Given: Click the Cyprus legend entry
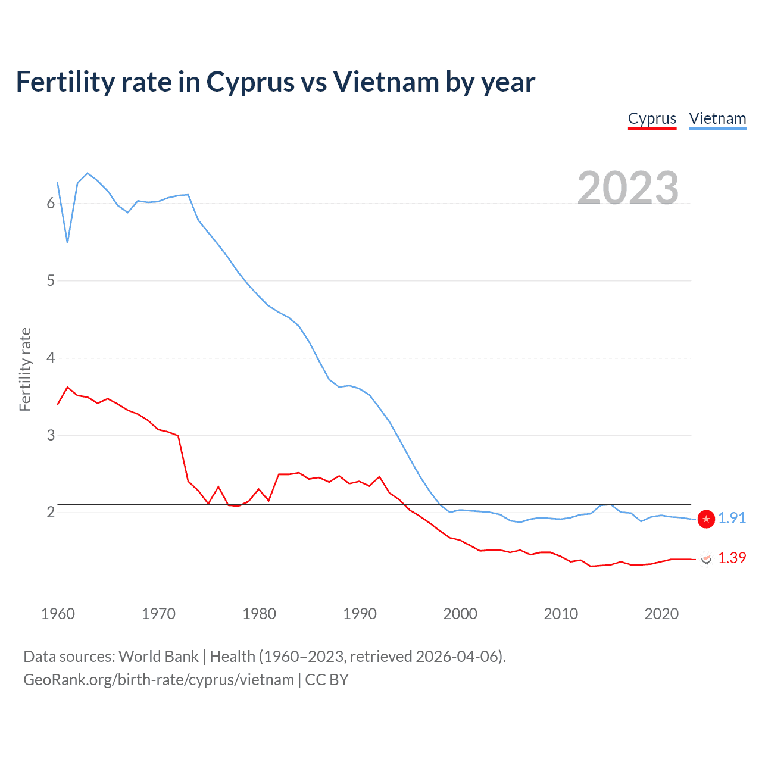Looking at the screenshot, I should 652,118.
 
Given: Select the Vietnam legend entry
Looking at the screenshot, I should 717,118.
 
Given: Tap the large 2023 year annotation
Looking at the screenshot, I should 628,188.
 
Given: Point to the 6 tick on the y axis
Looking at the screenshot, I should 51,204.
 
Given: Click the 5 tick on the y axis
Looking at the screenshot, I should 51,281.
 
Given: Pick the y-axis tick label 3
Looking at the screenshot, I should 51,435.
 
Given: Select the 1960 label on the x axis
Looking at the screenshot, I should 58,614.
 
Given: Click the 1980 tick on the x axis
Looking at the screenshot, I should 259,614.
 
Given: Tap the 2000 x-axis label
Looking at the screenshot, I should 460,614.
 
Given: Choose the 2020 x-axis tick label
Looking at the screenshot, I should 661,614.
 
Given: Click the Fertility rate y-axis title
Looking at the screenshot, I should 25,369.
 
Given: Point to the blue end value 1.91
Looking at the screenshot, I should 732,519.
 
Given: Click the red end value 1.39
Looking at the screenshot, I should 732,558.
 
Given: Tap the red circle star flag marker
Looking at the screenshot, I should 706,519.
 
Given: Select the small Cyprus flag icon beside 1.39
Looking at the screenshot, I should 707,559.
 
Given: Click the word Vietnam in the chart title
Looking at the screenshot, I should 386,82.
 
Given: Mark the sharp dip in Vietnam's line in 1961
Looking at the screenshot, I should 68,242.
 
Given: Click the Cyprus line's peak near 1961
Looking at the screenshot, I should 67,387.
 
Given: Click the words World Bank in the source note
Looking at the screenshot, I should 158,657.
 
